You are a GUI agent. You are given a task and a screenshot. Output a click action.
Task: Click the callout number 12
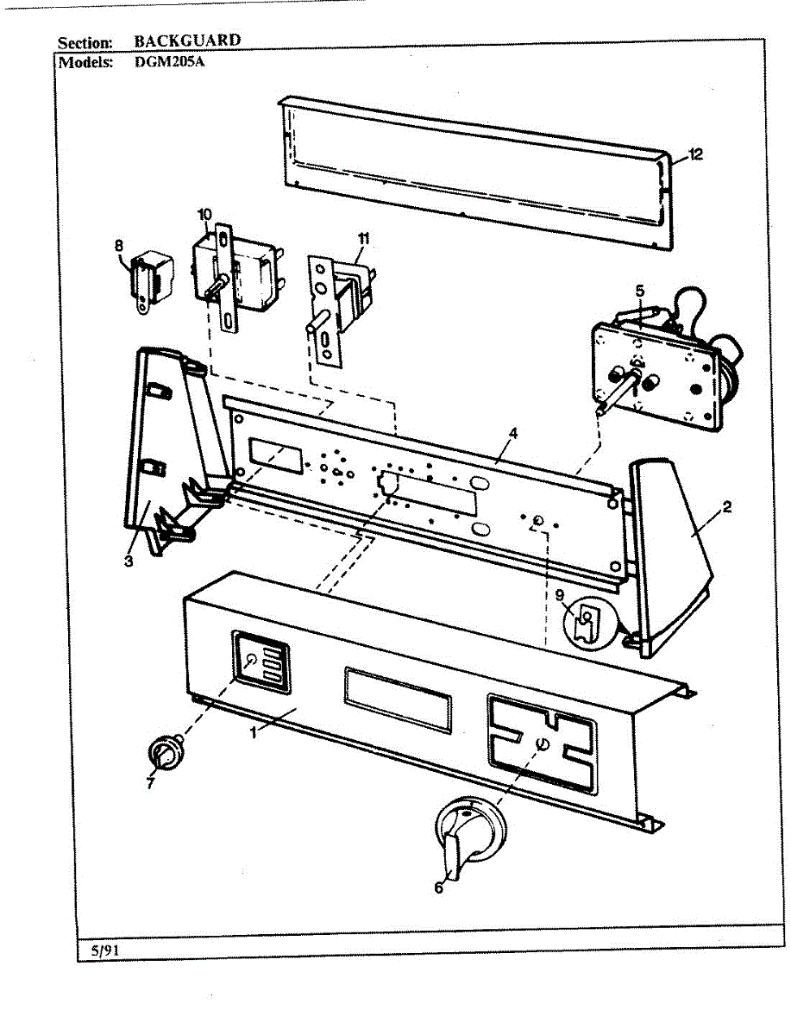pos(696,154)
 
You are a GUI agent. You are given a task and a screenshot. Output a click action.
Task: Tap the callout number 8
pos(119,245)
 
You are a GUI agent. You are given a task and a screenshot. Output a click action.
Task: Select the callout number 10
pos(204,214)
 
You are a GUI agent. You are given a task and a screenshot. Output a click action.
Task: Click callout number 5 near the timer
pos(639,291)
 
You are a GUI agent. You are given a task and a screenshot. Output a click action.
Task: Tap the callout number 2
pos(726,506)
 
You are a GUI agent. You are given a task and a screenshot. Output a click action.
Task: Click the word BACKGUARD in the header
pos(187,40)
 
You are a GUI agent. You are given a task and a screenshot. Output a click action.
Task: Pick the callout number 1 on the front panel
pos(254,732)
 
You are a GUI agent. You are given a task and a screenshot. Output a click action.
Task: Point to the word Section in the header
pos(85,42)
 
